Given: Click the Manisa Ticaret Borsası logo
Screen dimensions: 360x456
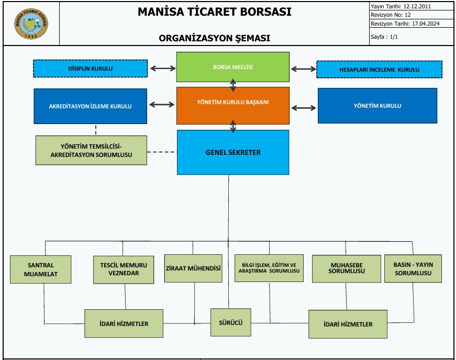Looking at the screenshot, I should coord(30,23).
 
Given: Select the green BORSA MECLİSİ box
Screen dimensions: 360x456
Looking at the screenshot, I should coord(232,67).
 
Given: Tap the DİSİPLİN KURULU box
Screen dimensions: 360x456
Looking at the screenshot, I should coord(90,69).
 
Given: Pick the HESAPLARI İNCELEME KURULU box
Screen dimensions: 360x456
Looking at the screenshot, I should coord(379,69).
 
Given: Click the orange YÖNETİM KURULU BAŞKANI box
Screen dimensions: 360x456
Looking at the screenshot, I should coord(232,102).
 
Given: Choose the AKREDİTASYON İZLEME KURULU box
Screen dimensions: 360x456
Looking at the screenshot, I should coord(90,106).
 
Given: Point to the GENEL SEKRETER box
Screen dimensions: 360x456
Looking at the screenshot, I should coord(233,152).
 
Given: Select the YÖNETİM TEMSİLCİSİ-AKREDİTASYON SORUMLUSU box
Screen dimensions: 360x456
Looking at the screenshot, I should coord(91,150).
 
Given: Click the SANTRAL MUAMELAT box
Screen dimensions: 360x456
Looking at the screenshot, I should coord(41,269).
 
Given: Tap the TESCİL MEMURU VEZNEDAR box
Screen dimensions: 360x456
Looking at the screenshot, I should coord(124,269).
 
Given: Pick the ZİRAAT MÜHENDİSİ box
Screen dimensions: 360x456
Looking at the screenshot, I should coord(193,268).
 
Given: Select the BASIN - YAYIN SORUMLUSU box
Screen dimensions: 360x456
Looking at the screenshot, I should coord(413,268).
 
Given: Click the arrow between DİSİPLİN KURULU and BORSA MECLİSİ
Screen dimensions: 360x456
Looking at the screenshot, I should coord(162,68).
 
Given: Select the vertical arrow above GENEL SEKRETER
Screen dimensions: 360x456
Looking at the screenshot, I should coord(233,126).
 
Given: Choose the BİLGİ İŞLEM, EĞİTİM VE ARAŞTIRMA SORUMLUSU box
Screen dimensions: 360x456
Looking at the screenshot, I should coord(269,268).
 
